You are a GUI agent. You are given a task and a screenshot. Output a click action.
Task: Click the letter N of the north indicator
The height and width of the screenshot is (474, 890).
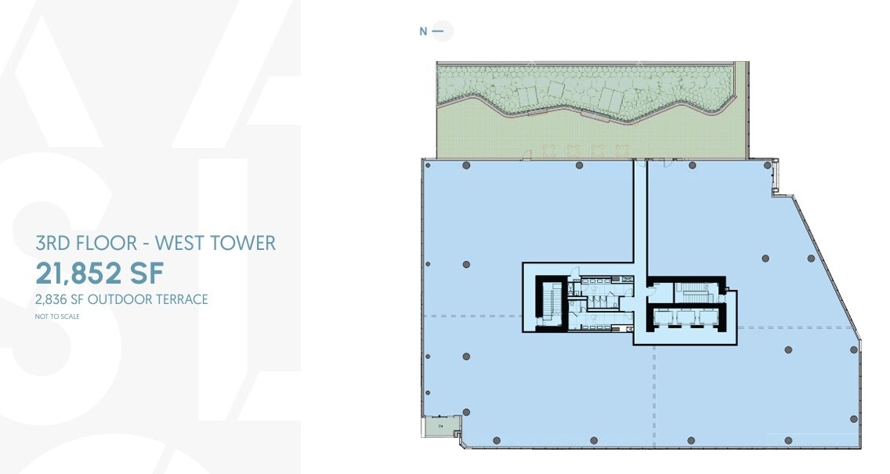click(x=424, y=32)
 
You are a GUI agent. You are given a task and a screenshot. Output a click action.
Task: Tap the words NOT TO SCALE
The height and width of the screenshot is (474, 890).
click(x=58, y=317)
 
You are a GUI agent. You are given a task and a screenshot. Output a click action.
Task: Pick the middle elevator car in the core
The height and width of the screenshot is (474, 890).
click(x=689, y=317)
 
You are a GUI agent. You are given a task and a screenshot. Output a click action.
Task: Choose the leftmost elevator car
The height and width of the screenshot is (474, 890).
click(x=667, y=317)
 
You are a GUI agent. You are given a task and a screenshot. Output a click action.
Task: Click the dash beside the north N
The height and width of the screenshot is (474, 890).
click(x=439, y=32)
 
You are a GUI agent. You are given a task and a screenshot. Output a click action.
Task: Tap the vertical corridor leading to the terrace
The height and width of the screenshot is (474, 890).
click(x=641, y=219)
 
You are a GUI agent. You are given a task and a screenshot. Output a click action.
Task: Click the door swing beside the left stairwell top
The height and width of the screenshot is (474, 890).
click(x=575, y=273)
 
